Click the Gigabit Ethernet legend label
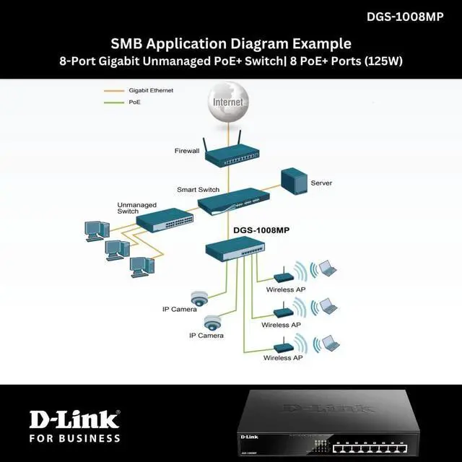(151, 90)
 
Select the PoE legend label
(135, 103)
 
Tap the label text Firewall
(186, 152)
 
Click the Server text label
(321, 183)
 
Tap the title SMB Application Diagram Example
(231, 43)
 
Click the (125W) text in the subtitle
(383, 61)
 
